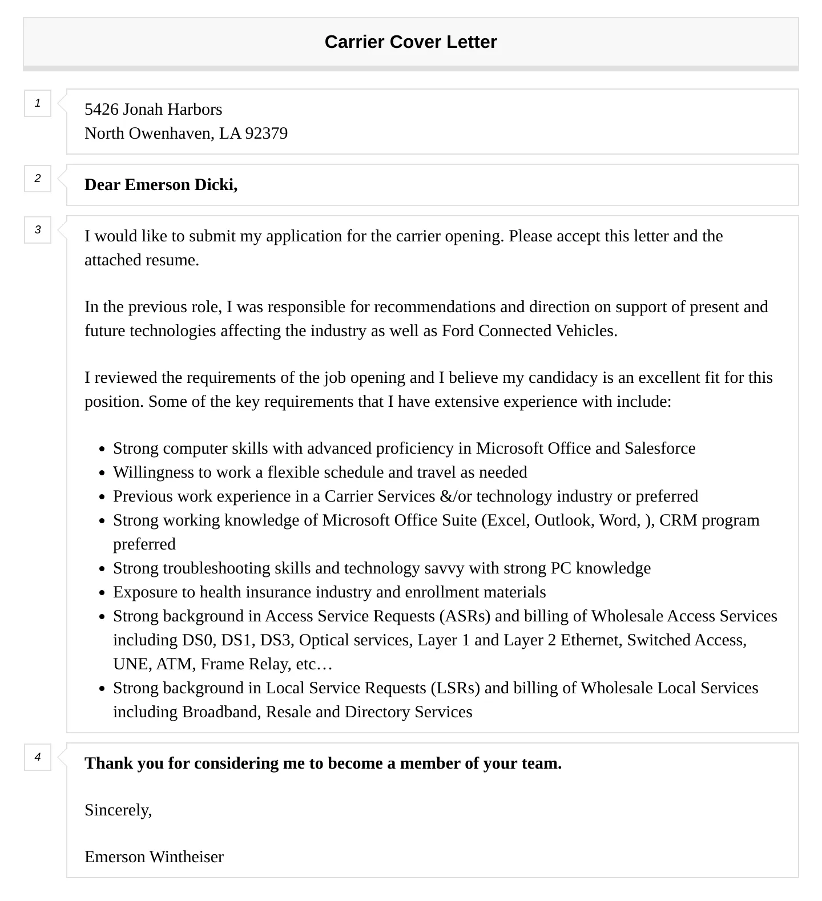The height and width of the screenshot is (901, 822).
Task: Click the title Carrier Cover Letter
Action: pos(410,42)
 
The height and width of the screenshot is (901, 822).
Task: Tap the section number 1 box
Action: pos(38,103)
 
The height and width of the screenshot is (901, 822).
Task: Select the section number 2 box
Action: pos(38,179)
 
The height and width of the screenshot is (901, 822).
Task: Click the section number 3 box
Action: pos(38,230)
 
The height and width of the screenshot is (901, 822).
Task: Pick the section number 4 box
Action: pos(38,757)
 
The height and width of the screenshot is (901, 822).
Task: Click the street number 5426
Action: pos(101,109)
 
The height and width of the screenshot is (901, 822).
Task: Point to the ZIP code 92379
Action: pos(266,133)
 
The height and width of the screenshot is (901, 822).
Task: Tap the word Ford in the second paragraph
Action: pos(458,331)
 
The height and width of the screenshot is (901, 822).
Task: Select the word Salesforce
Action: pos(660,449)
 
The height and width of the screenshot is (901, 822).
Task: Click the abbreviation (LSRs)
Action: pos(455,688)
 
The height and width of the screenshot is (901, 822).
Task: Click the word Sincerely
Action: pos(118,810)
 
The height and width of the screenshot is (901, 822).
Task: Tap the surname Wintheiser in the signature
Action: pos(186,857)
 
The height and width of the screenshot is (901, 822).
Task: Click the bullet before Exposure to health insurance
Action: pos(102,593)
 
